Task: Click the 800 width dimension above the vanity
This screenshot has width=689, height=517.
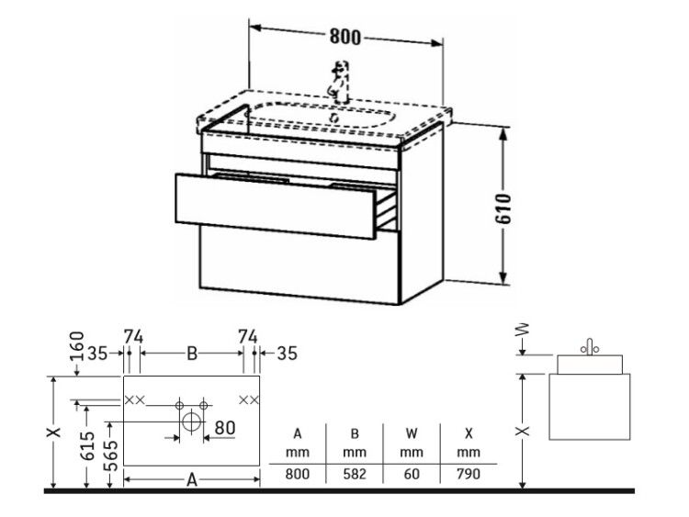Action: coord(344,37)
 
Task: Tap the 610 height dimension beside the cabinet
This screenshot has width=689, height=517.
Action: coord(504,208)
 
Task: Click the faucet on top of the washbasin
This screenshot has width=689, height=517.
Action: coord(339,82)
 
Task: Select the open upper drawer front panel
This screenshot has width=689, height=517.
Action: coord(276,206)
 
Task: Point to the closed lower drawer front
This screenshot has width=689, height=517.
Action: coord(299,264)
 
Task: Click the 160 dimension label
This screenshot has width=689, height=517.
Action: coord(77,345)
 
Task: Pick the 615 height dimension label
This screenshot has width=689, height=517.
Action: coord(88,446)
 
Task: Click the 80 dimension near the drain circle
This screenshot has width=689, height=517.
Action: coord(225,427)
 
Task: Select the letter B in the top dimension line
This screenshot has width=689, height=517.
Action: coord(192,354)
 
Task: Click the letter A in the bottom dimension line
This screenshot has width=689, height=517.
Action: coord(192,479)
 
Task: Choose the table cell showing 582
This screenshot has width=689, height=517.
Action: coord(355,474)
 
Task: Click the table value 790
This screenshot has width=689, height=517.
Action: coord(469,474)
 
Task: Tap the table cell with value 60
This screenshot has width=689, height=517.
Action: coord(412,474)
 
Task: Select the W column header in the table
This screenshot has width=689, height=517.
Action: coord(412,433)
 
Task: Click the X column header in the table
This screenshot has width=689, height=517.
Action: coord(469,433)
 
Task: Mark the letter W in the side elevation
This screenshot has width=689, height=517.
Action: coord(524,330)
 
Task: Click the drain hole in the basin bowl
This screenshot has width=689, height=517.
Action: coord(334,118)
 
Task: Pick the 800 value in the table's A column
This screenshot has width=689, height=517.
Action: coord(298,474)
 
